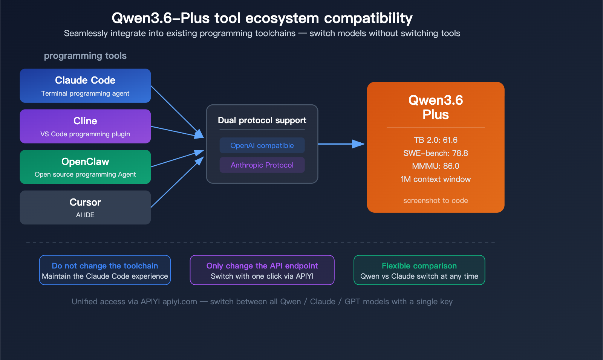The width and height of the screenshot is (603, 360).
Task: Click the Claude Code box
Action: pos(85,85)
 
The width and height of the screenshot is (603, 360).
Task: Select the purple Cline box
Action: pos(85,126)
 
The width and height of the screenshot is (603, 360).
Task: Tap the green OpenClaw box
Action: pos(85,167)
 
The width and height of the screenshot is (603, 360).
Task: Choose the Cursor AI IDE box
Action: pos(85,207)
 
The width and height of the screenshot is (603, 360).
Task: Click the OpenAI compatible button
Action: pos(262,145)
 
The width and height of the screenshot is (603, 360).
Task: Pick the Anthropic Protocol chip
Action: pos(262,165)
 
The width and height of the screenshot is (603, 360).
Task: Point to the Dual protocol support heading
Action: pos(262,120)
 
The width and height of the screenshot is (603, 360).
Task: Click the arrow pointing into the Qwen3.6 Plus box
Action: pos(341,144)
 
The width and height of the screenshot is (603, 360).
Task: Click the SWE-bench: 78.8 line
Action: pos(435,153)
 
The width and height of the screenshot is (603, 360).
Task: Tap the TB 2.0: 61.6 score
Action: pos(435,140)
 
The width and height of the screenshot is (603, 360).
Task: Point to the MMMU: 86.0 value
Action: pos(435,166)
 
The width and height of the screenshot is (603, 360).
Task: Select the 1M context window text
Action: pos(435,179)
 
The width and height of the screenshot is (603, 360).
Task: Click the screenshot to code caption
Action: pos(435,201)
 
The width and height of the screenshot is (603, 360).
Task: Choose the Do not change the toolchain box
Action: pos(105,270)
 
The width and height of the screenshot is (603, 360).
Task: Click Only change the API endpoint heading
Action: pos(262,266)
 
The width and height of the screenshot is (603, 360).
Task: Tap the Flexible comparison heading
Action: pos(419,266)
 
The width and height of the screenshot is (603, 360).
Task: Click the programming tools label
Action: pos(85,56)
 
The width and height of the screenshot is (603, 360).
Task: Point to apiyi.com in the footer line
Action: pos(179,302)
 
